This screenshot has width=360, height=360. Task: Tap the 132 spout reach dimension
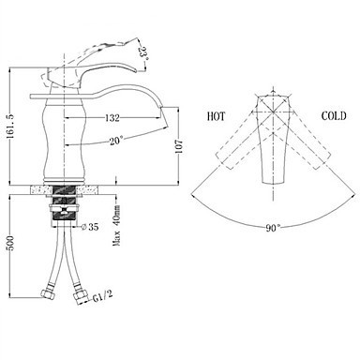point(112,118)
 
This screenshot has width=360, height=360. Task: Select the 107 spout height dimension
point(179,146)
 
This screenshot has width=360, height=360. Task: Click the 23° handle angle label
point(142,52)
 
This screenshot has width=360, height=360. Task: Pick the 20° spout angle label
point(115,142)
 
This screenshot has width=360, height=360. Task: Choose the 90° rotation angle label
point(274,228)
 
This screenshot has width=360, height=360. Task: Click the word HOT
point(216,116)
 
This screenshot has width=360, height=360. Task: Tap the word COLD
point(334,116)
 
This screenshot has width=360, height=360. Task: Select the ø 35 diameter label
point(90,227)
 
